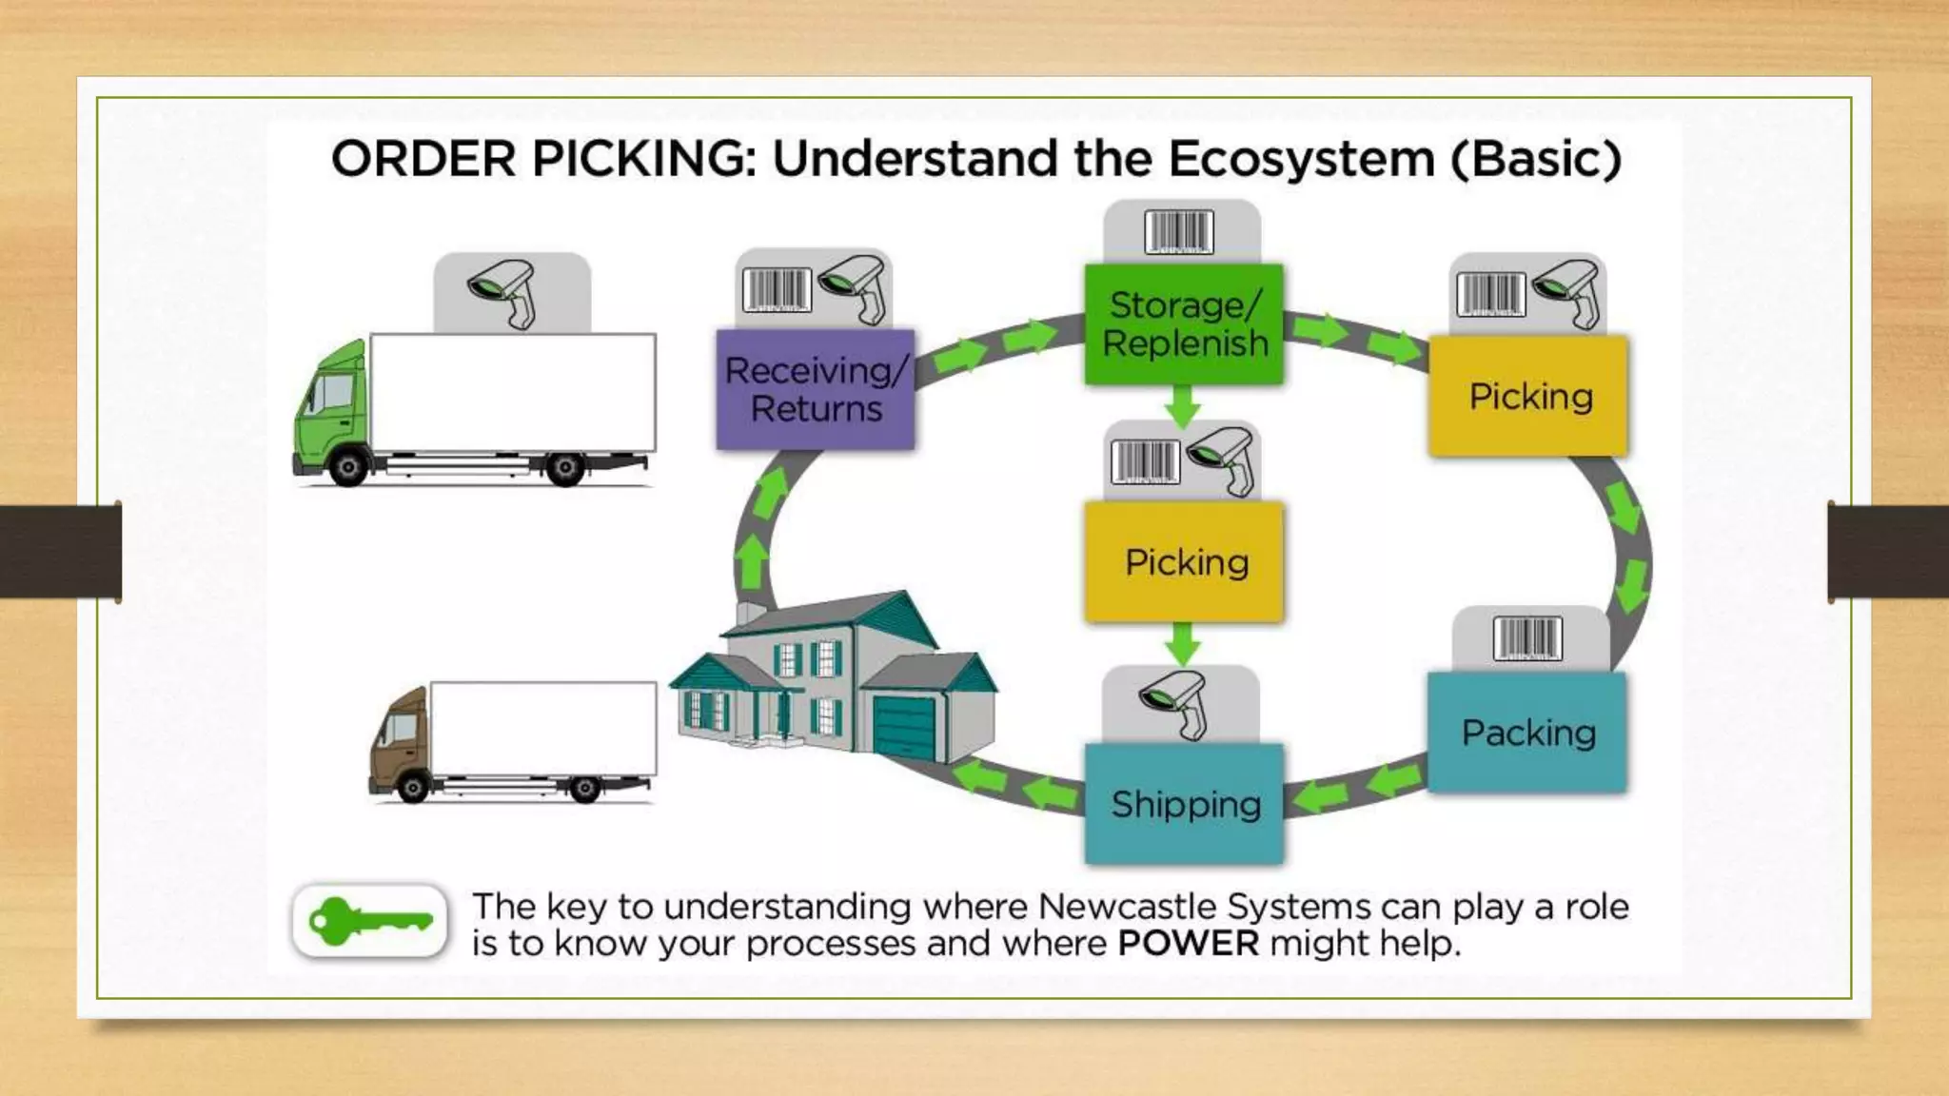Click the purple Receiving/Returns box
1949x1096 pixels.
(x=816, y=389)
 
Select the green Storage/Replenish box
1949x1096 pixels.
(x=1184, y=324)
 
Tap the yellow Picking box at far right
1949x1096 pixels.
(x=1528, y=396)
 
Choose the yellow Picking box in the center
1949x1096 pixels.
(x=1184, y=562)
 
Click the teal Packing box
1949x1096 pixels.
(x=1527, y=733)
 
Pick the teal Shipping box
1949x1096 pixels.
(x=1184, y=805)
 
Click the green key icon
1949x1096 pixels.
(x=369, y=921)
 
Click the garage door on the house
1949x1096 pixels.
(x=904, y=728)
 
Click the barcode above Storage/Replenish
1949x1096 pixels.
(x=1179, y=232)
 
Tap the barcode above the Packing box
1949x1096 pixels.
(x=1527, y=637)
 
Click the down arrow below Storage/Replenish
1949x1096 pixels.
(x=1182, y=406)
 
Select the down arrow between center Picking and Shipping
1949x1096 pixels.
(x=1182, y=644)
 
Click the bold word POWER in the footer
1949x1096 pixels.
(x=1188, y=944)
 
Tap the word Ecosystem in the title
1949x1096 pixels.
(x=1301, y=159)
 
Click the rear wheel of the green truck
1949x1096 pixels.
(x=565, y=468)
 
